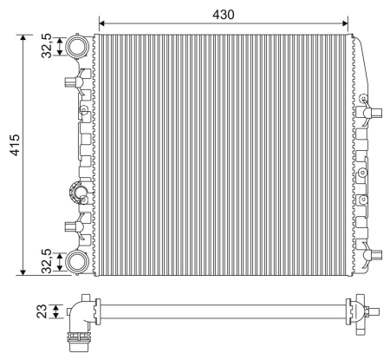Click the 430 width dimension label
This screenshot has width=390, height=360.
tap(224, 14)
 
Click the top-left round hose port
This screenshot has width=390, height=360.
tap(77, 45)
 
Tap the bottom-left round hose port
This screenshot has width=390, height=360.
tap(77, 261)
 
